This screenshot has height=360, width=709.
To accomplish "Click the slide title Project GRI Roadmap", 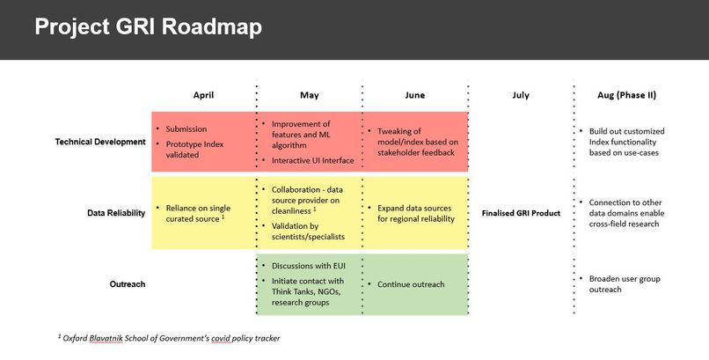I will (148, 27).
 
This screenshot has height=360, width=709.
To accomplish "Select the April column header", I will (203, 95).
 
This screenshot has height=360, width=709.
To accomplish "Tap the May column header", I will (309, 95).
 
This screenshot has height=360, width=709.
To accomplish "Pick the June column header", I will (414, 95).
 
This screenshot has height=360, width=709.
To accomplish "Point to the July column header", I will (520, 95).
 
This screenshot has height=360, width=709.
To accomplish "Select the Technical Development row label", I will (100, 142).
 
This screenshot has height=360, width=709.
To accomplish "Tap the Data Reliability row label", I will (116, 213).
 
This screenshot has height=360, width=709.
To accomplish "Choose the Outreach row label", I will (128, 284).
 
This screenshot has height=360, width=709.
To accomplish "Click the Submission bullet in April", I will (186, 129).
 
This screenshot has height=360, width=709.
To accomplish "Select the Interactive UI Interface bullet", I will (312, 160).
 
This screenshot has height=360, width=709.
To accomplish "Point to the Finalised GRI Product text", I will (521, 213).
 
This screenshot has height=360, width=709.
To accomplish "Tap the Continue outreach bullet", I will (411, 284).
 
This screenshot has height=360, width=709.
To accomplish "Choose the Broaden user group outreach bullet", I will (630, 284).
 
